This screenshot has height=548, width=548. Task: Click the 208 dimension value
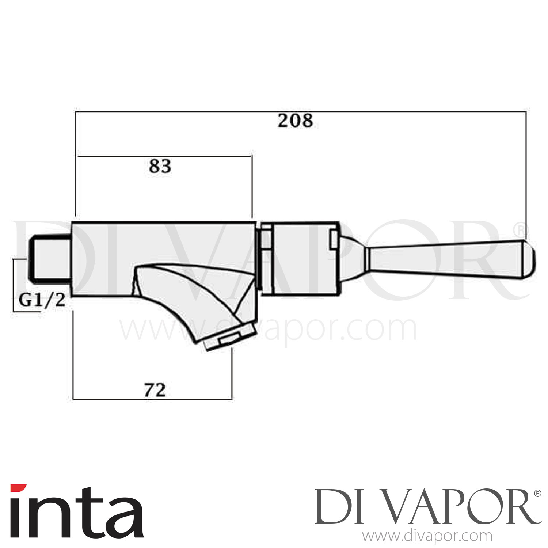click(295, 121)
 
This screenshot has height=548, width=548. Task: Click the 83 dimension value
click(160, 167)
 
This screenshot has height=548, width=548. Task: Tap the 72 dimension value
click(155, 391)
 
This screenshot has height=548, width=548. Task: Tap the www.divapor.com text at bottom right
click(427, 536)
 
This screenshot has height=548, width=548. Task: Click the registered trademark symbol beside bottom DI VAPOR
click(538, 494)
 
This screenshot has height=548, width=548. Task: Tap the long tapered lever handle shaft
click(446, 260)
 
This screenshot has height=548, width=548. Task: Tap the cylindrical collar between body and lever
click(301, 258)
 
